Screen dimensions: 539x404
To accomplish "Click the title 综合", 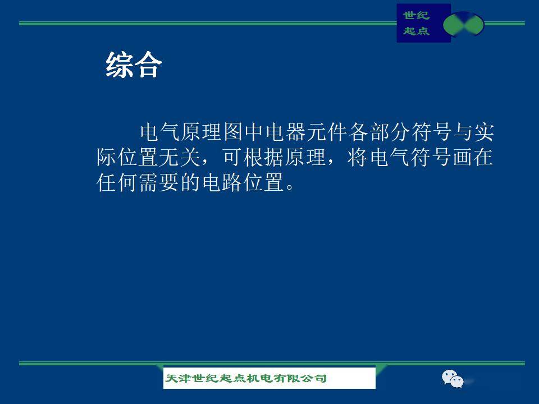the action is pos(134,65).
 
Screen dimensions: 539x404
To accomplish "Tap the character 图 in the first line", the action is pos(234,132).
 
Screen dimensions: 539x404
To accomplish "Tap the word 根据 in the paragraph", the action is pos(263,157).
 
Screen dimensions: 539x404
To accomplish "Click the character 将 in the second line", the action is pos(358,157).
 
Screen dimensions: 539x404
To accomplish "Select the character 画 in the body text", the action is pos(462,157).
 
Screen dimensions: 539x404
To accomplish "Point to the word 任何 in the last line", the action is pos(117,182).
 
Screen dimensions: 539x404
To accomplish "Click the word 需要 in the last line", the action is pos(158,182).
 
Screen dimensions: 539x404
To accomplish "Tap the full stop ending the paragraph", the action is pos(290,187).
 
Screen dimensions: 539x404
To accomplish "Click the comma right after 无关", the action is pos(205,162).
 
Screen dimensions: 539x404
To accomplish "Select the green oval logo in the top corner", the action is pos(463,24).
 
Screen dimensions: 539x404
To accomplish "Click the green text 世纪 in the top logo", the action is pos(416,15).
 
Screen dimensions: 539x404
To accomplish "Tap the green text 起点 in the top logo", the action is pos(416,31).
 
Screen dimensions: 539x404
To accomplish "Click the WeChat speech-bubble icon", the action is pos(453,379).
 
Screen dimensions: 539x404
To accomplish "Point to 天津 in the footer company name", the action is pos(178,378).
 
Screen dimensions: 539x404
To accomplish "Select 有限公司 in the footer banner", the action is pos(300,378).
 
